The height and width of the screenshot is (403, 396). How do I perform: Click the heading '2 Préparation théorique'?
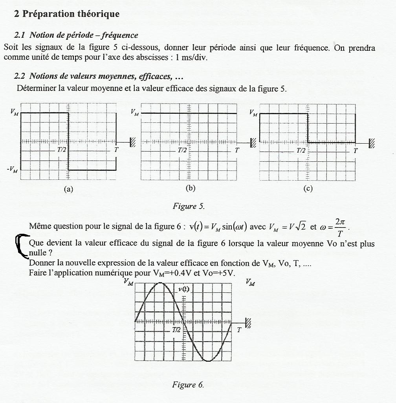coord(66,14)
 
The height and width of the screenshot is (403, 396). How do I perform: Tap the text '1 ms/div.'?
coord(192,57)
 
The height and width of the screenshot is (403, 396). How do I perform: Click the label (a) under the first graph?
coord(69,189)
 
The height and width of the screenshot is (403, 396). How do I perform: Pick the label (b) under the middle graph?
coord(191,188)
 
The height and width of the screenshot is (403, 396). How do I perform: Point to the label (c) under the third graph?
coord(308,189)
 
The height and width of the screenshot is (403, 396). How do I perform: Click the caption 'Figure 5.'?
coord(189,206)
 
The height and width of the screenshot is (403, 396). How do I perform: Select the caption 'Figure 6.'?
coord(188,385)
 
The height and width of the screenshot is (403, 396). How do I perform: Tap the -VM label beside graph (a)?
coord(11,170)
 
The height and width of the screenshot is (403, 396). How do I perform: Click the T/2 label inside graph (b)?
coord(182,150)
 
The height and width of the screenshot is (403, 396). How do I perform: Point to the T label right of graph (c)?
coord(356,150)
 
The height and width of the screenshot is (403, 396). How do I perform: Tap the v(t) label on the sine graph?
coord(183,290)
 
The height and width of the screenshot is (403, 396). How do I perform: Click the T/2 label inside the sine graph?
coord(176,330)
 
